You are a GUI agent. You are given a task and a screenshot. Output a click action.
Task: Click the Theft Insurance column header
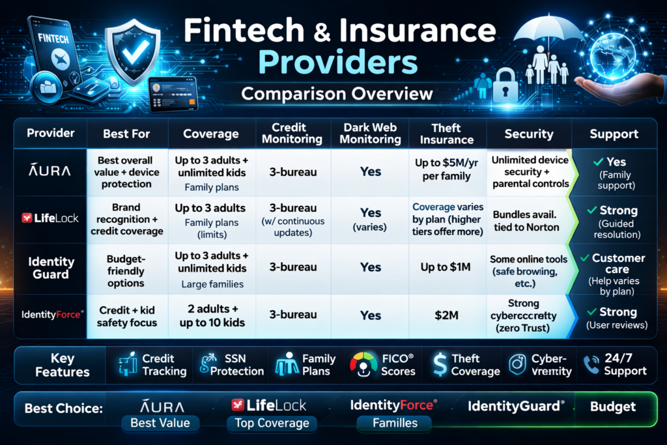(447, 134)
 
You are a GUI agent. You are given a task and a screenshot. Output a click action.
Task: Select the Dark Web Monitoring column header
(371, 134)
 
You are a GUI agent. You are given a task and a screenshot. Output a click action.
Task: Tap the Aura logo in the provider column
(50, 171)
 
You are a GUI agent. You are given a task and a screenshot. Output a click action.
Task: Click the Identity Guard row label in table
(51, 267)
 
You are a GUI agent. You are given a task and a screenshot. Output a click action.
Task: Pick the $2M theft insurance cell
(446, 315)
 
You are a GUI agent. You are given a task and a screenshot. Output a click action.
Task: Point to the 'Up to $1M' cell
(446, 267)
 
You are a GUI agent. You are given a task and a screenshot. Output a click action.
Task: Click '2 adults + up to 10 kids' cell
(211, 315)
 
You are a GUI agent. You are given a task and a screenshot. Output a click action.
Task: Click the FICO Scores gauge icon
(363, 364)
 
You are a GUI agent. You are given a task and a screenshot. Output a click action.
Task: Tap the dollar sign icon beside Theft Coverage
(440, 364)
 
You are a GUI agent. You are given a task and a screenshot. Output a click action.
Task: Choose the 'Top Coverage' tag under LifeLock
(272, 423)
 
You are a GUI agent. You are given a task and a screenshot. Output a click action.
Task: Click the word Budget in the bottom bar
(612, 407)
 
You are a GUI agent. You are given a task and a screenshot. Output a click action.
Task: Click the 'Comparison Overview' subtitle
(337, 93)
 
